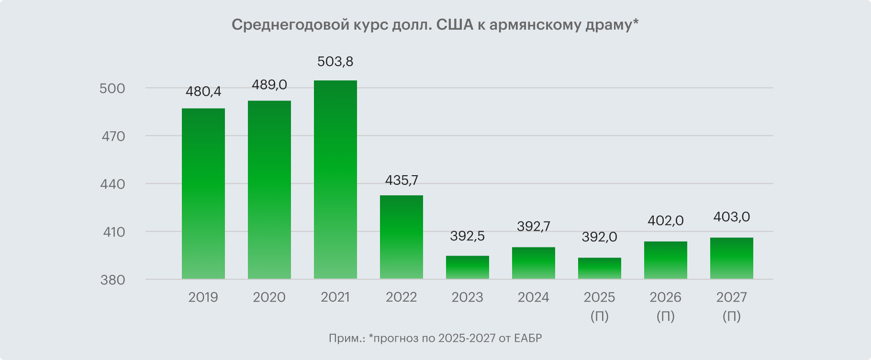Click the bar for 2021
(x=335, y=180)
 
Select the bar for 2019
(x=203, y=193)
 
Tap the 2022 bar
(x=401, y=237)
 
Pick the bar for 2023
(x=467, y=267)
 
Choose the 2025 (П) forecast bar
(x=599, y=268)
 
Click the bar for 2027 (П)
(x=731, y=258)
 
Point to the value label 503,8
(x=335, y=62)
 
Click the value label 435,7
(x=401, y=180)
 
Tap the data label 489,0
(x=269, y=85)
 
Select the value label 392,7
(x=533, y=226)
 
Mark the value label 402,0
(x=665, y=221)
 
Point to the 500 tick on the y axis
(x=112, y=89)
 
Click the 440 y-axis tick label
(x=112, y=184)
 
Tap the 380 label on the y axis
(x=112, y=280)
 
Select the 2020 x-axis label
(x=269, y=297)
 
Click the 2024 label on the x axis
(x=533, y=297)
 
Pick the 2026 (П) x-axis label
(x=665, y=306)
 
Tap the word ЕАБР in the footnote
(x=528, y=338)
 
